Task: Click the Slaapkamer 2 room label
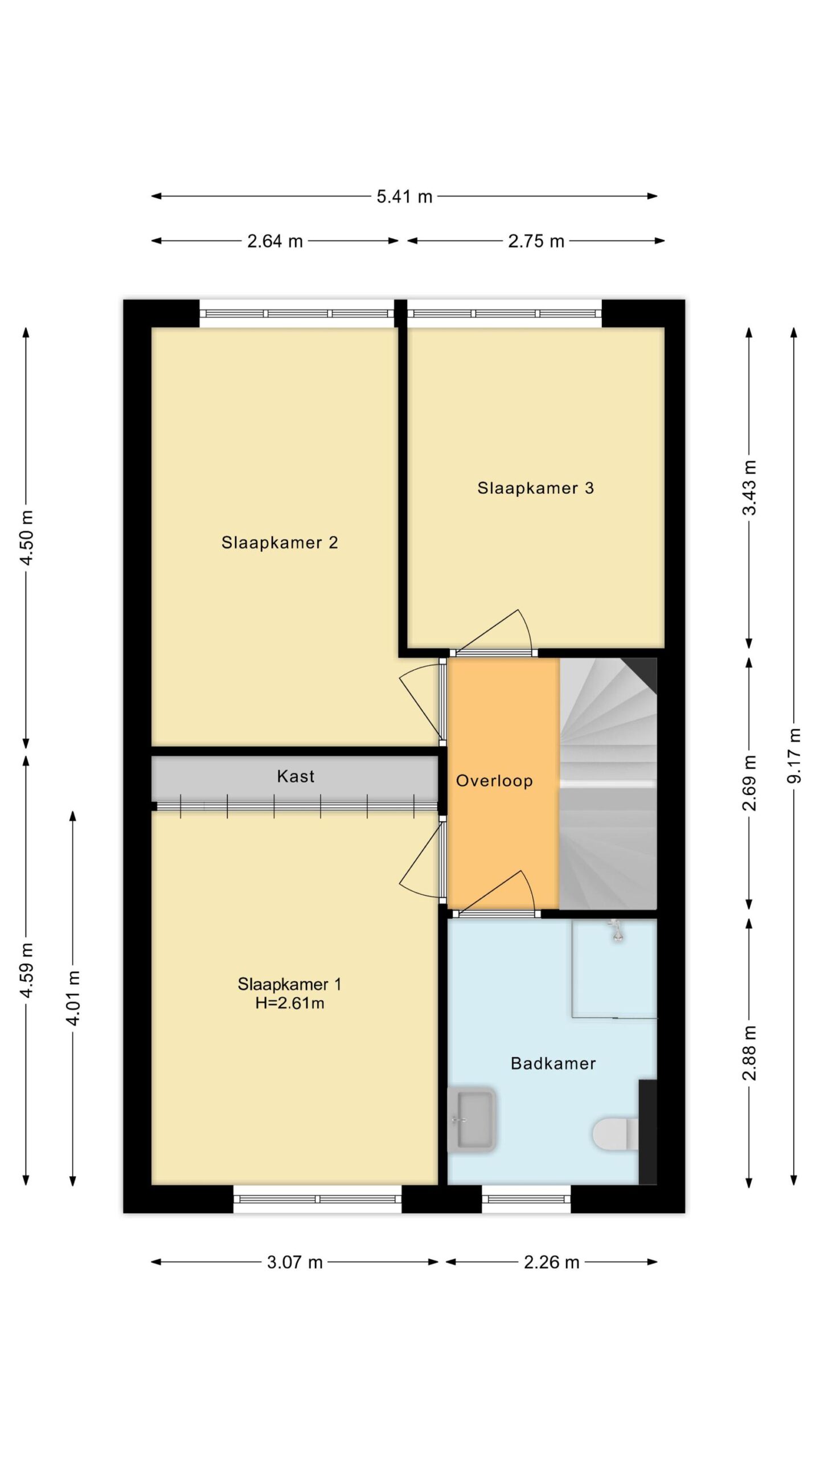pyautogui.click(x=280, y=542)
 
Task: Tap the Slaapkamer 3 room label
pyautogui.click(x=535, y=488)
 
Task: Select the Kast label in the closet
pyautogui.click(x=296, y=776)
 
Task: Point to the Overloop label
pyautogui.click(x=494, y=780)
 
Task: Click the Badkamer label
pyautogui.click(x=553, y=1063)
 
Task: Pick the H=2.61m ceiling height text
pyautogui.click(x=290, y=1002)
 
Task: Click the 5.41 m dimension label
pyautogui.click(x=404, y=196)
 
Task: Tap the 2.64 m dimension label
pyautogui.click(x=274, y=241)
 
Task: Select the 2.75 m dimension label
pyautogui.click(x=536, y=241)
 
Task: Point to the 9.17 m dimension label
pyautogui.click(x=794, y=755)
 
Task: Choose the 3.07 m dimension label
pyautogui.click(x=295, y=1262)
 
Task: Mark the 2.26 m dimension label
pyautogui.click(x=551, y=1262)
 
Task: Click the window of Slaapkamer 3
pyautogui.click(x=504, y=313)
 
